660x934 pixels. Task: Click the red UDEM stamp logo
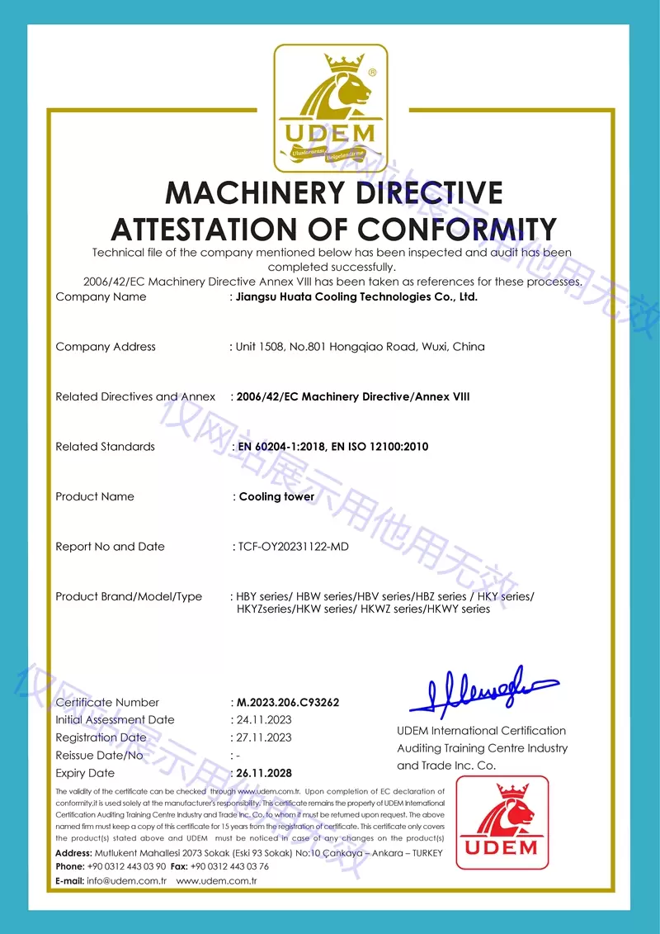pos(502,822)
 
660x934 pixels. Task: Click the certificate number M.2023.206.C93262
pos(288,702)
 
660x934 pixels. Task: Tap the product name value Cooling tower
pos(276,496)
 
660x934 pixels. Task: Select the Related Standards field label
pos(105,447)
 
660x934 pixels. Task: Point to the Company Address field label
pos(105,347)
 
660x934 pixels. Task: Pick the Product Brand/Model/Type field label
pos(128,596)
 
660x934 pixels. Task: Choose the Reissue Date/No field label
pos(99,755)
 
